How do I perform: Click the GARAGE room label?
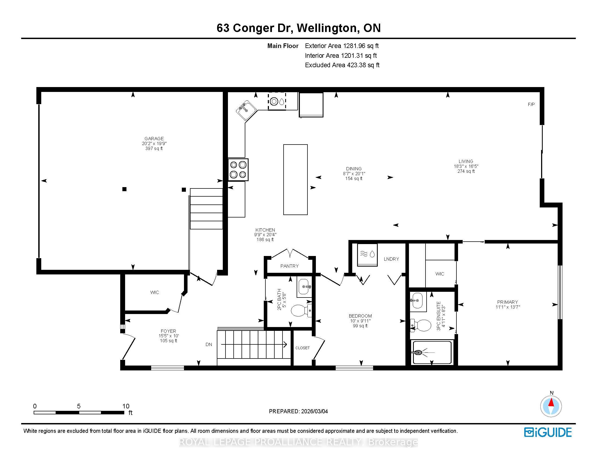pos(154,139)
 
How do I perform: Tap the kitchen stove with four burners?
pos(238,169)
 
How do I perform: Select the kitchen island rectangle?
pos(296,180)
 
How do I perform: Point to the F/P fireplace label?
pos(531,104)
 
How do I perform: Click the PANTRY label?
pos(290,266)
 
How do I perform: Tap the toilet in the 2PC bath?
pos(301,310)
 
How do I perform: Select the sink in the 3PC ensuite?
pos(417,300)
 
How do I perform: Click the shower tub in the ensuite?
pos(432,352)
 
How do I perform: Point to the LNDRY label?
pos(391,259)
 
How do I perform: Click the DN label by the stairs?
pos(209,345)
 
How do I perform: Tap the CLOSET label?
pos(303,348)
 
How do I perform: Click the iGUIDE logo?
pos(548,432)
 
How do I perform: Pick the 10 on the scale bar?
pos(126,406)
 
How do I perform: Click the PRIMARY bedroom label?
pos(508,302)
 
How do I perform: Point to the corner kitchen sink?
pos(246,110)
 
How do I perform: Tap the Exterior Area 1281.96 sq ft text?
pos(342,46)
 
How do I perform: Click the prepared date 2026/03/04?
pos(314,411)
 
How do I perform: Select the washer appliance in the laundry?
pos(367,255)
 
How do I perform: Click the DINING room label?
pos(354,169)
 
